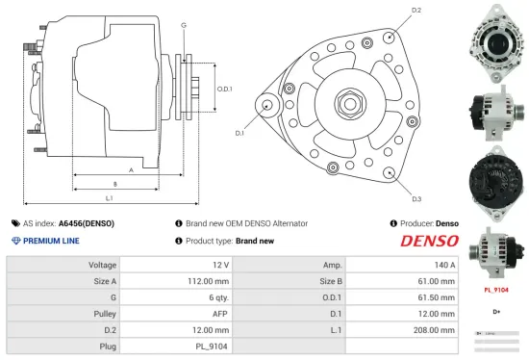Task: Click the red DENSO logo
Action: click(428, 241)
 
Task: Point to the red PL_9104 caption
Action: click(495, 288)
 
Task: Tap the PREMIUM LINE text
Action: click(50, 241)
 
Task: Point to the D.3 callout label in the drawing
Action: click(416, 199)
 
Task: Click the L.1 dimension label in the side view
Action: click(109, 197)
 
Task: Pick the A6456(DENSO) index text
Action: click(86, 223)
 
